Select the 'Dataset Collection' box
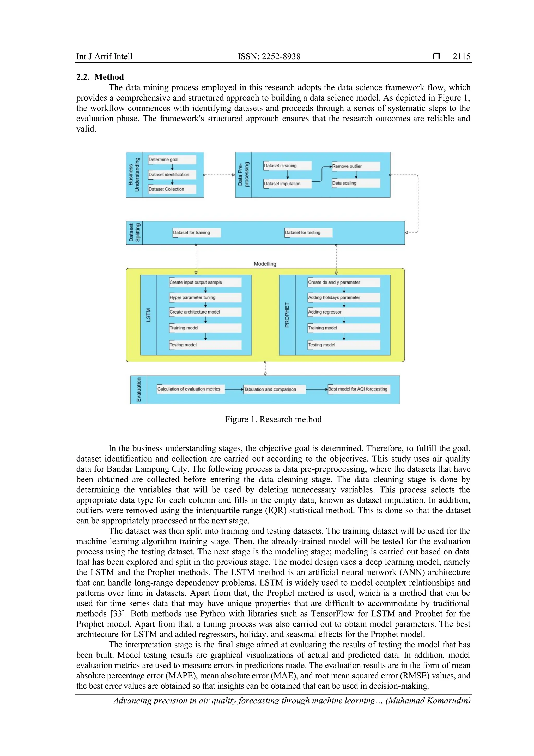pyautogui.click(x=172, y=189)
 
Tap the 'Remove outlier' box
pyautogui.click(x=356, y=166)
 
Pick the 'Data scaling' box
pyautogui.click(x=356, y=183)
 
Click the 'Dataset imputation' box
pyautogui.click(x=287, y=184)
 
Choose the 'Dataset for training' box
pyautogui.click(x=197, y=232)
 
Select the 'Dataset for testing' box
pyautogui.click(x=308, y=232)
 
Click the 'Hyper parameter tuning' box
pyautogui.click(x=205, y=297)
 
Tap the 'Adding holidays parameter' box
pyautogui.click(x=344, y=297)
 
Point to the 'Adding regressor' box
pyautogui.click(x=344, y=312)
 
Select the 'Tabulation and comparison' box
pyautogui.click(x=275, y=389)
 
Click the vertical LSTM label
pyautogui.click(x=149, y=315)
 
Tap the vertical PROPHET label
pyautogui.click(x=287, y=315)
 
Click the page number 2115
pyautogui.click(x=461, y=56)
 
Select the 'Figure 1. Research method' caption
pyautogui.click(x=273, y=419)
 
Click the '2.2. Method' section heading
pyautogui.click(x=100, y=77)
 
